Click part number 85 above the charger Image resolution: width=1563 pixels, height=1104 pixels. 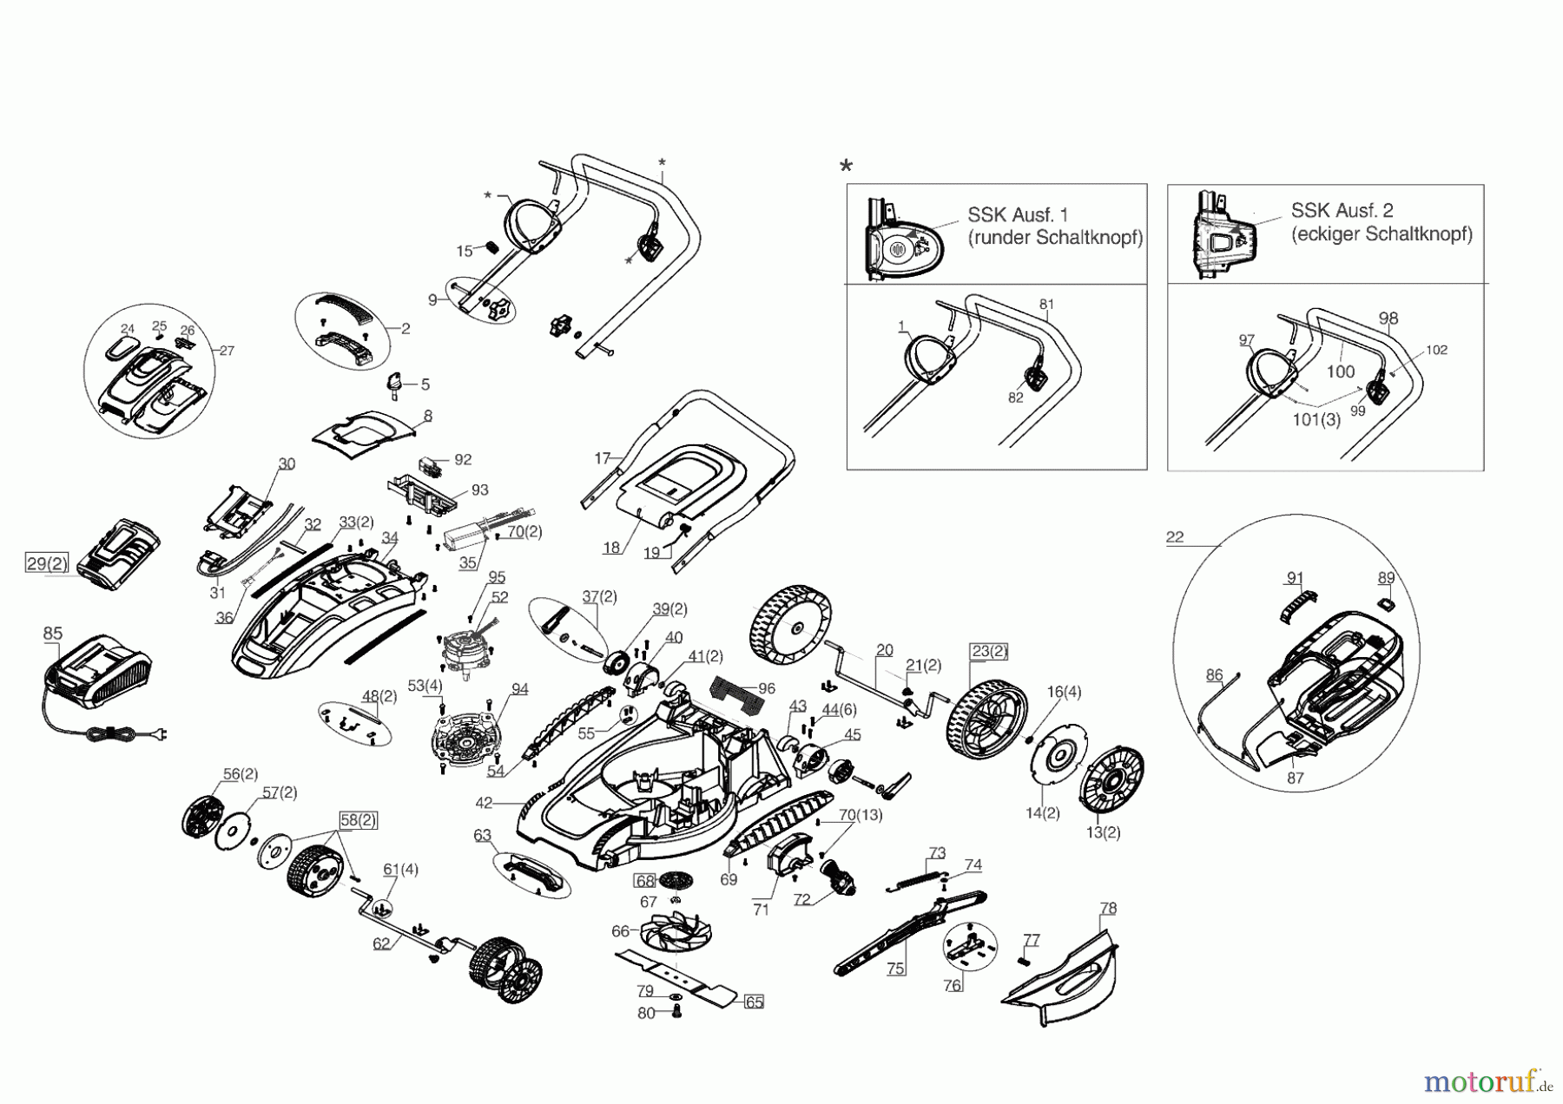pos(52,634)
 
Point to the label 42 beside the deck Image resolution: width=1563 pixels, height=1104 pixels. pos(484,803)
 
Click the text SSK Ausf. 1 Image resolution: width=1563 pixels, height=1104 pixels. pos(1018,214)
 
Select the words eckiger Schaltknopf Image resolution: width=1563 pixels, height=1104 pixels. pos(1381,234)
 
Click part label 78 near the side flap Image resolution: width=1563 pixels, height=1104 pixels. pos(1108,908)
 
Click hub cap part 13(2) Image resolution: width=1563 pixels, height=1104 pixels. pos(1102,832)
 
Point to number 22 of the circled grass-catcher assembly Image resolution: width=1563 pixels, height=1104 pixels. pos(1174,537)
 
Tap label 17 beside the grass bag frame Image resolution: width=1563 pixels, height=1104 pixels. pos(603,457)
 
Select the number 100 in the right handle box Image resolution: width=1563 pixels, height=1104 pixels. pos(1340,371)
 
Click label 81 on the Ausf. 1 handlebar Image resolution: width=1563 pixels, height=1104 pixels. pos(1046,305)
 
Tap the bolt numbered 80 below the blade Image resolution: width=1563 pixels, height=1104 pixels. pos(646,1013)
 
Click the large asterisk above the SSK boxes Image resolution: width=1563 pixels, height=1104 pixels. pos(846,167)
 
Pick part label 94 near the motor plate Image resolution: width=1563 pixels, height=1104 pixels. pos(519,689)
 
